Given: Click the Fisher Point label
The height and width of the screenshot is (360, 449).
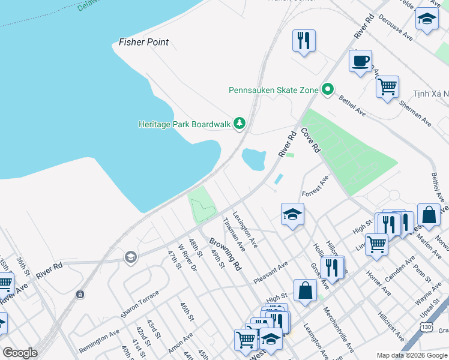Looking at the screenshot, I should [143, 42].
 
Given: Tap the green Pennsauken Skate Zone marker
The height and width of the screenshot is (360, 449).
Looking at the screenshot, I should [327, 90].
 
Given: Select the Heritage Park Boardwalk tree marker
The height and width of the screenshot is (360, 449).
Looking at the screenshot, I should [240, 124].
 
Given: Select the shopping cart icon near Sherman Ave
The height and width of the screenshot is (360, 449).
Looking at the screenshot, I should [387, 86].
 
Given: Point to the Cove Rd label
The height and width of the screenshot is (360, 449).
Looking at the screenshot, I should [310, 140].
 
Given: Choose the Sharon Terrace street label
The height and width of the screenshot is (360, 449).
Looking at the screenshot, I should [140, 305].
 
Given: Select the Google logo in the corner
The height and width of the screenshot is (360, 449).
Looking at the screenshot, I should [20, 353].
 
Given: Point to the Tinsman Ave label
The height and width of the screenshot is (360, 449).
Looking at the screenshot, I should [234, 234].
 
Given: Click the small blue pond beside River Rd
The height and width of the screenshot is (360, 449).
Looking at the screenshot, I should [253, 160].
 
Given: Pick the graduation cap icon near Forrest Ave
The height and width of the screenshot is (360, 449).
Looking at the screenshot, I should [292, 214].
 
